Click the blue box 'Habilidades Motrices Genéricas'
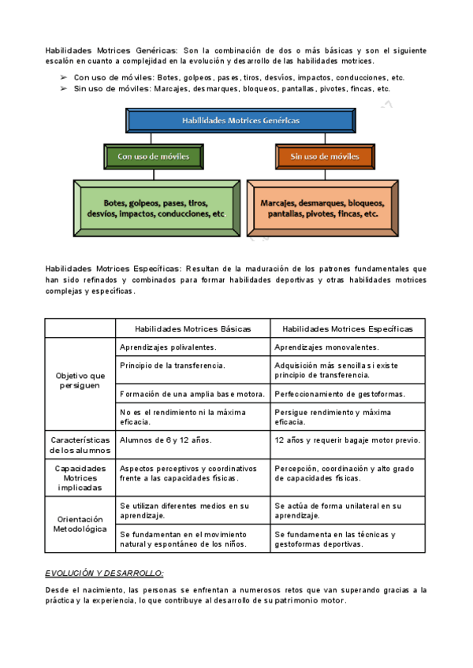coord(240,121)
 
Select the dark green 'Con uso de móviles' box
coord(154,157)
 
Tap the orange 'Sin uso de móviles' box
coord(324,157)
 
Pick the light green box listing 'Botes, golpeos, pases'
coord(155,208)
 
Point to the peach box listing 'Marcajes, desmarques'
coord(323,208)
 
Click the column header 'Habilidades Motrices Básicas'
coord(193,328)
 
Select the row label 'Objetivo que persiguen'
coord(80,381)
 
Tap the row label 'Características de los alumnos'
coord(80,445)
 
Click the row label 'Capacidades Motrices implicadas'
coord(80,477)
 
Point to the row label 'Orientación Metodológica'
coord(80,525)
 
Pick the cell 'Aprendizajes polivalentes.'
coord(168,347)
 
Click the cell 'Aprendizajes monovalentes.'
coord(326,347)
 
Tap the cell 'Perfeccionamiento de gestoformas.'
coord(340,394)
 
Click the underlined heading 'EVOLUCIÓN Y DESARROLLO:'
coord(104,573)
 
